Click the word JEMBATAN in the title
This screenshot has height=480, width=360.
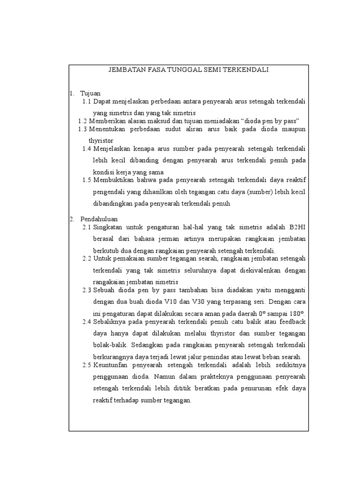(x=125, y=70)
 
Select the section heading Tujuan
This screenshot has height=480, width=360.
(x=90, y=93)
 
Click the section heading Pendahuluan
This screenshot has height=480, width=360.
(x=99, y=219)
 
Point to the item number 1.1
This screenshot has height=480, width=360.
(x=86, y=101)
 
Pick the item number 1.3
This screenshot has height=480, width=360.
(x=82, y=128)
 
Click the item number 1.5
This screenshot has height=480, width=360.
(x=86, y=180)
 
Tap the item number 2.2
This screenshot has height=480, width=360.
(x=86, y=258)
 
